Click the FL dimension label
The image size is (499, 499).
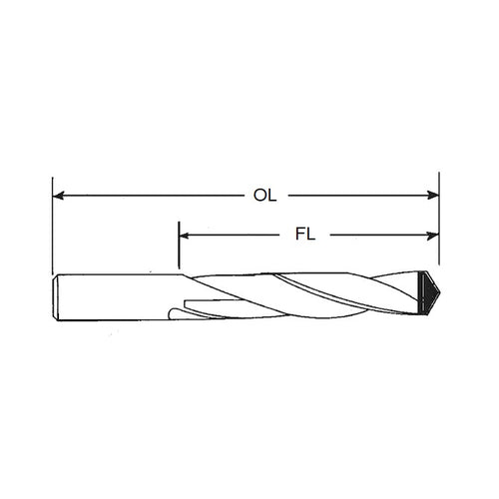click(306, 237)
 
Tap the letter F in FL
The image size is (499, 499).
click(300, 237)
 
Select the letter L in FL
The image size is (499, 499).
click(312, 237)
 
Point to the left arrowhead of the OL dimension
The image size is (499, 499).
click(58, 196)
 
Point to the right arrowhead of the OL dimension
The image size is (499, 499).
click(433, 196)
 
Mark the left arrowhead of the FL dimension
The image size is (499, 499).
click(186, 237)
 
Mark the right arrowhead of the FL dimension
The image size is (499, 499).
click(433, 237)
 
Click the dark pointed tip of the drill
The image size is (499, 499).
click(432, 292)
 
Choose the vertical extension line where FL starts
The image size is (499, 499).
click(180, 249)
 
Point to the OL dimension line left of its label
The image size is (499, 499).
click(150, 196)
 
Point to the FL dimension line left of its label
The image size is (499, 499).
click(240, 237)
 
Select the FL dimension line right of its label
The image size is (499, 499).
click(379, 237)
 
